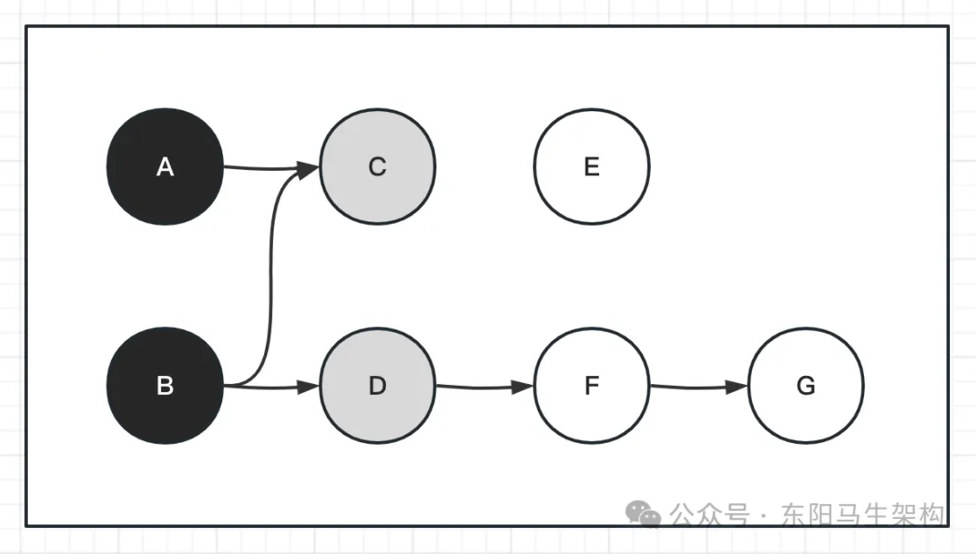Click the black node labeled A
[x=164, y=166]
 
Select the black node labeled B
[x=164, y=386]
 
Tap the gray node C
[x=378, y=166]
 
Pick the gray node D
[x=378, y=386]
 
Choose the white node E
[x=592, y=166]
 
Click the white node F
[x=592, y=386]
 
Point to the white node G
[x=805, y=386]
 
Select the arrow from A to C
[x=267, y=167]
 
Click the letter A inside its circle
[x=164, y=167]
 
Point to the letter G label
[x=805, y=387]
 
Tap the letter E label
[x=592, y=167]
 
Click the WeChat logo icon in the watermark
[x=644, y=515]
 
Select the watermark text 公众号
[x=709, y=515]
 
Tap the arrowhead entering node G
[x=738, y=387]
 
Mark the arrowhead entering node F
[x=523, y=387]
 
